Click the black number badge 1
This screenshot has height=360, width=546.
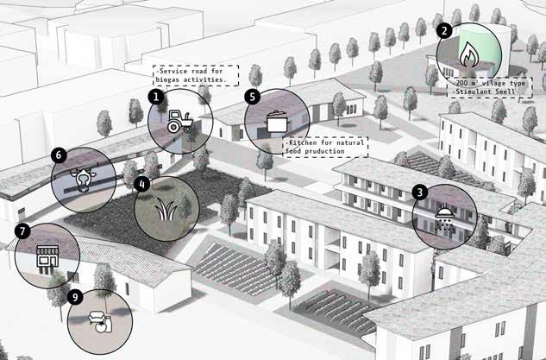[156, 98]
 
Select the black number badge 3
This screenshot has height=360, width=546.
[419, 193]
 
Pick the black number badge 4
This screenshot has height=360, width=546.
[142, 183]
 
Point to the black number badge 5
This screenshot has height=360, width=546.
[252, 98]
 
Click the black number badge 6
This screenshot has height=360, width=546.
[59, 155]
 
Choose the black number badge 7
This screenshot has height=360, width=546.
[22, 231]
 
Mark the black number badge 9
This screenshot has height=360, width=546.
[76, 297]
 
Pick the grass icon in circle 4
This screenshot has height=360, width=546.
[166, 208]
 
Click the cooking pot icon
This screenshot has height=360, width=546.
[276, 121]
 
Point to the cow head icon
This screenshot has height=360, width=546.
[84, 180]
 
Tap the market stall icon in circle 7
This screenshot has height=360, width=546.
[47, 256]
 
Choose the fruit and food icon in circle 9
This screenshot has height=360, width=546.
[101, 321]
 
